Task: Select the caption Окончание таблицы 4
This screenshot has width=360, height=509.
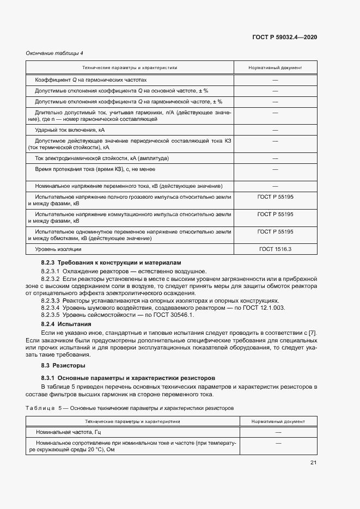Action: tap(54, 53)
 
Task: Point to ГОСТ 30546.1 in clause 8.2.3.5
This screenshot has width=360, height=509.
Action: tap(175, 315)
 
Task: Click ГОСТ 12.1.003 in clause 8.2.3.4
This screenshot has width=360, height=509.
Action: tap(250, 308)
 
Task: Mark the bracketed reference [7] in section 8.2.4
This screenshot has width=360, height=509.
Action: tap(312, 333)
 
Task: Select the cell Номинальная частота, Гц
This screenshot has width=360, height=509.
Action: tap(69, 432)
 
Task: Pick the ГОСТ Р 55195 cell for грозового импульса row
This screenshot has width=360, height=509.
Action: tap(275, 197)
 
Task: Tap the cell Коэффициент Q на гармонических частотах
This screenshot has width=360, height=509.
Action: tap(90, 80)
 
